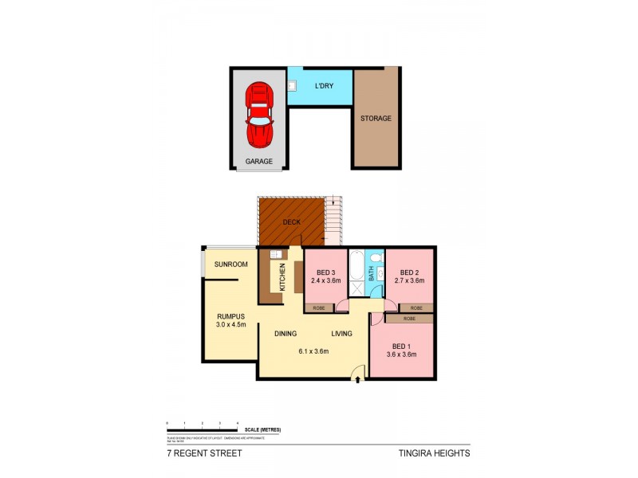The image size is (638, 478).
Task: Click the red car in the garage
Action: [x=259, y=116]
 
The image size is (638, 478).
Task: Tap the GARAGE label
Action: [x=259, y=161]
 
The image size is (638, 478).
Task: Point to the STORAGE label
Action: [x=376, y=119]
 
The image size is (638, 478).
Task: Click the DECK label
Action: [x=291, y=222]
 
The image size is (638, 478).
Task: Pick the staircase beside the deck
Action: [x=333, y=220]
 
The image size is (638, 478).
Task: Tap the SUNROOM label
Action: [x=230, y=264]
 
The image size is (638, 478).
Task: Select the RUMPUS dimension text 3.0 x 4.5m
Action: [x=230, y=324]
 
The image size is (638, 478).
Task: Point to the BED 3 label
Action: [x=325, y=272]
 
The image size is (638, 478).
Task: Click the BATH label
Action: [x=371, y=272]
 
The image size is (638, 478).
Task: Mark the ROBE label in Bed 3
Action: [x=318, y=307]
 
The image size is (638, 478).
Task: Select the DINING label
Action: [x=286, y=334]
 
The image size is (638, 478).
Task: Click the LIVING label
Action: [x=343, y=334]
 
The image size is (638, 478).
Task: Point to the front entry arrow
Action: [x=357, y=381]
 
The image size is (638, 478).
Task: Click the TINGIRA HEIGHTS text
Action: [x=434, y=453]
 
